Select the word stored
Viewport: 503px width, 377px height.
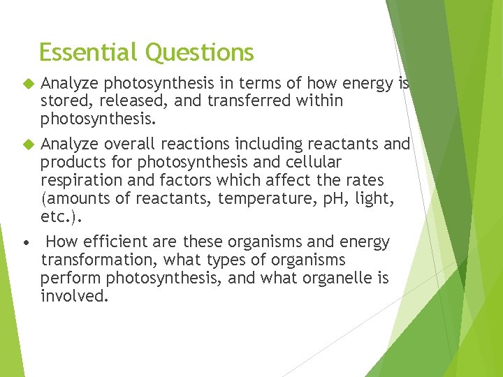[x=62, y=101]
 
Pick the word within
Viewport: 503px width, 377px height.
[x=320, y=101]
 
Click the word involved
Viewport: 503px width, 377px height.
[x=74, y=297]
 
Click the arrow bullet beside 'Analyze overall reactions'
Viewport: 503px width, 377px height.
[x=28, y=145]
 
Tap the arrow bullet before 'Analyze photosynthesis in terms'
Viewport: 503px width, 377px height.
[x=28, y=84]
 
